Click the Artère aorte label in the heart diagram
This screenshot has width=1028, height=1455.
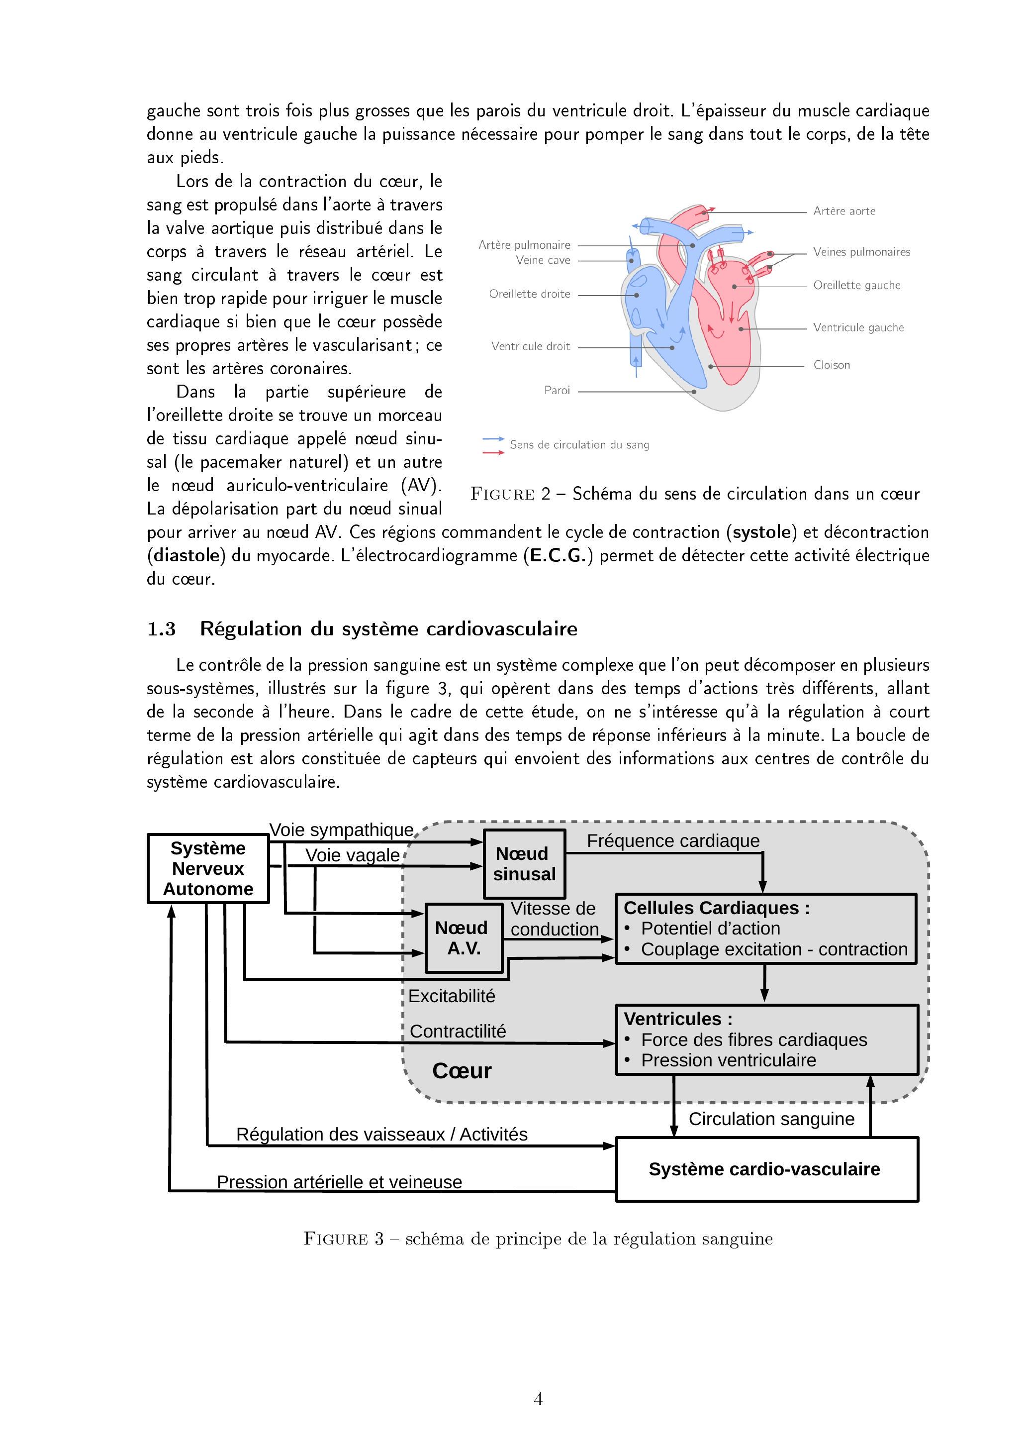[843, 211]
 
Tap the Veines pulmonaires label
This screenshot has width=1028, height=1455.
[861, 252]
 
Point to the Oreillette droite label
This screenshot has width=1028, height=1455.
[530, 294]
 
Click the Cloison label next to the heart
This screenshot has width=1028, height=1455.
[831, 365]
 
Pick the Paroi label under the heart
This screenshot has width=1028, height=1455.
[557, 390]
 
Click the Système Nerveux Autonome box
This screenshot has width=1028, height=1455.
[208, 868]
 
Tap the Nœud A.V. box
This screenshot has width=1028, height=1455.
[463, 938]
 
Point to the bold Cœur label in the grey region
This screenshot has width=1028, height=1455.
[462, 1071]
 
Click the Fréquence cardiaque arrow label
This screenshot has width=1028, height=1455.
[673, 841]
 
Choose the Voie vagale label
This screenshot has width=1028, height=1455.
[352, 855]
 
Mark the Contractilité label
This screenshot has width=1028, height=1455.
[458, 1031]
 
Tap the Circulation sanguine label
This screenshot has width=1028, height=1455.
[771, 1119]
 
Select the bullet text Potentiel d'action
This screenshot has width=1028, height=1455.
[710, 929]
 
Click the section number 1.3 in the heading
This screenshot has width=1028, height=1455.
[161, 629]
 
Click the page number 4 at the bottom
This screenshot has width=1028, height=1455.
[538, 1399]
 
